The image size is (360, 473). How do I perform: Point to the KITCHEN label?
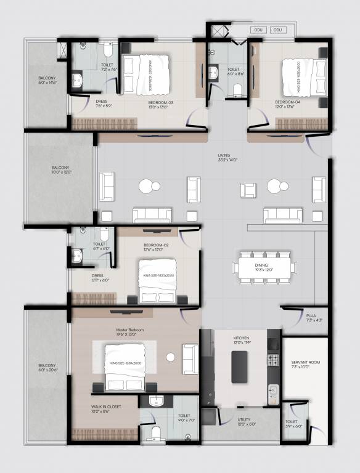tap(240, 339)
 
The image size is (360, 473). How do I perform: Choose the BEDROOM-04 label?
tap(287, 102)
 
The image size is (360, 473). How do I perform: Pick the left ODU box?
tap(258, 30)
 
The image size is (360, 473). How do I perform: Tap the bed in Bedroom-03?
tap(145, 74)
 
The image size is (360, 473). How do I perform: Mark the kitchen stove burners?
tap(272, 359)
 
